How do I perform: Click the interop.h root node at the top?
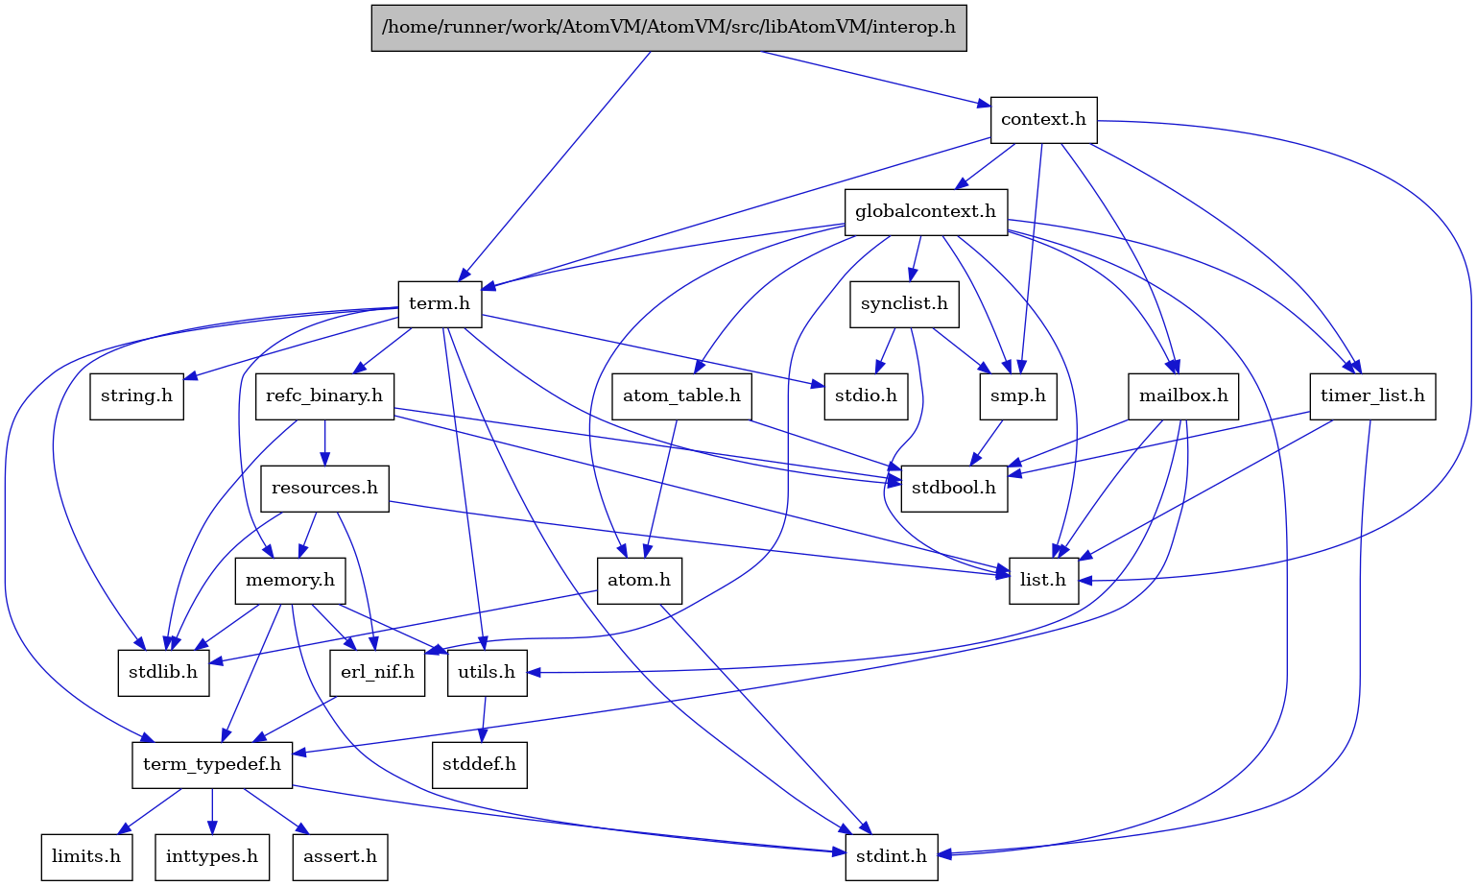coord(669,27)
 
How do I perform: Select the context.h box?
coord(1043,119)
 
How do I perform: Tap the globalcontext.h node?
coord(925,211)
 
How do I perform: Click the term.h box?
coord(440,303)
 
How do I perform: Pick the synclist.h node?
coord(904,303)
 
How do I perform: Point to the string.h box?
coord(137,395)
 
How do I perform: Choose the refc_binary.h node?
coord(324,395)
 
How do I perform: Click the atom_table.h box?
coord(681,395)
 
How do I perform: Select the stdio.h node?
coord(866,395)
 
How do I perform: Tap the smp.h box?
coord(1018,395)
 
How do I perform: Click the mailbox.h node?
coord(1183,395)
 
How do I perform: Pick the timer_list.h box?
coord(1372,395)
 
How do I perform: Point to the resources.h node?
coord(324,488)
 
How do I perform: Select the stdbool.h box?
coord(954,488)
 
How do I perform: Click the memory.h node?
coord(290,580)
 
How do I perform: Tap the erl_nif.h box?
coord(378,672)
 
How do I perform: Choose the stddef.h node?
coord(480,764)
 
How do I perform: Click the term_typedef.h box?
coord(212,764)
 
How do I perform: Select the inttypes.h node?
coord(212,856)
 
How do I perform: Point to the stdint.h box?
coord(892,856)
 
